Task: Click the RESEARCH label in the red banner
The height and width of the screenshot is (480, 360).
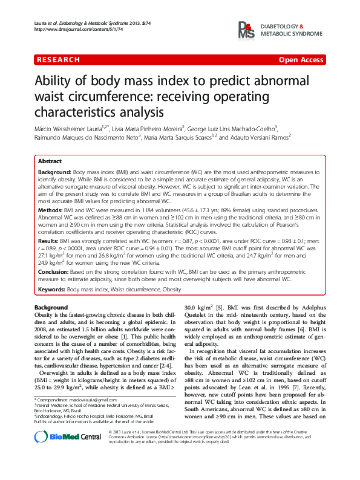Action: [x=58, y=60]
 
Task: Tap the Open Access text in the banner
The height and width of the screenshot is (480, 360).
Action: [x=300, y=60]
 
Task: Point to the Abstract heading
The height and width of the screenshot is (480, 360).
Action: [x=50, y=162]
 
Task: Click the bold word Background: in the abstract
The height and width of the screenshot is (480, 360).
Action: [x=54, y=173]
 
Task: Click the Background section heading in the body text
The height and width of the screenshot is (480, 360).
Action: [x=51, y=308]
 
